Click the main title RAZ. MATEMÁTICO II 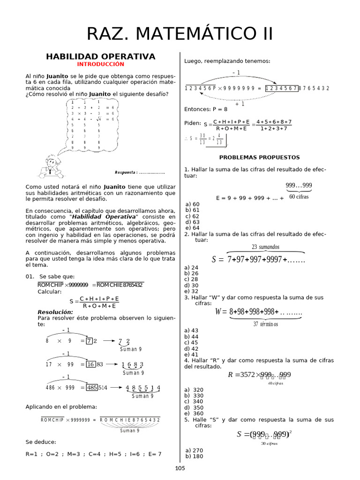pos(180,34)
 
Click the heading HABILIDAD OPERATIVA pos(100,57)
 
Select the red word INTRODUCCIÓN pos(101,64)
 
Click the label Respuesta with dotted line pos(140,172)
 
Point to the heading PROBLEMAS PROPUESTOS pos(259,157)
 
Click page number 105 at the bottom pos(180,468)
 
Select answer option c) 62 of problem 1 pos(192,216)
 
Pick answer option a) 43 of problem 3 pos(192,330)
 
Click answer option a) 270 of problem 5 pos(194,450)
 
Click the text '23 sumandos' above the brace pos(265,247)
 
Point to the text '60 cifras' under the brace pos(299,196)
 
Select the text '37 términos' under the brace pos(265,324)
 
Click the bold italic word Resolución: pos(55,312)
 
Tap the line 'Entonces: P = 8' pos(206,109)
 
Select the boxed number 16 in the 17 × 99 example pos(91,364)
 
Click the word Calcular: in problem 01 pos(50,292)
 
